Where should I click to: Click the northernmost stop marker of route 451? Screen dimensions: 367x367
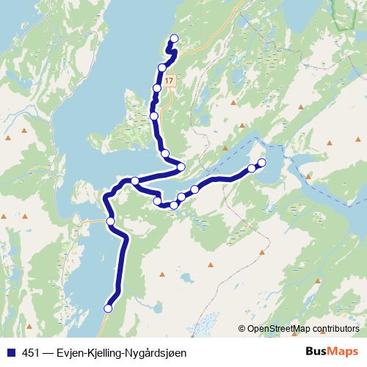tap(174, 39)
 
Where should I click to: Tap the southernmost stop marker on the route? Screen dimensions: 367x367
tap(109, 308)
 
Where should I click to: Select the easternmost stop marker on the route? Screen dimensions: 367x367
tap(261, 162)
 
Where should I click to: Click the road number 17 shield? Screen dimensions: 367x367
tap(170, 80)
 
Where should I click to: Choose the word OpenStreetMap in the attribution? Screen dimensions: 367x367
tap(280, 328)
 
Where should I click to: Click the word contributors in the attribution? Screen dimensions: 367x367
tap(337, 328)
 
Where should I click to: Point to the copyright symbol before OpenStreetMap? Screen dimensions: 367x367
tap(242, 328)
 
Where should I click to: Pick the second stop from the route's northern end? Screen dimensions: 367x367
tap(162, 68)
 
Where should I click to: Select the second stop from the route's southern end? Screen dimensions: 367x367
tap(111, 221)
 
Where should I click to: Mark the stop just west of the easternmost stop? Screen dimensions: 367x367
tap(252, 168)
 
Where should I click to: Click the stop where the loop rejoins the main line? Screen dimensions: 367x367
tap(135, 181)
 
